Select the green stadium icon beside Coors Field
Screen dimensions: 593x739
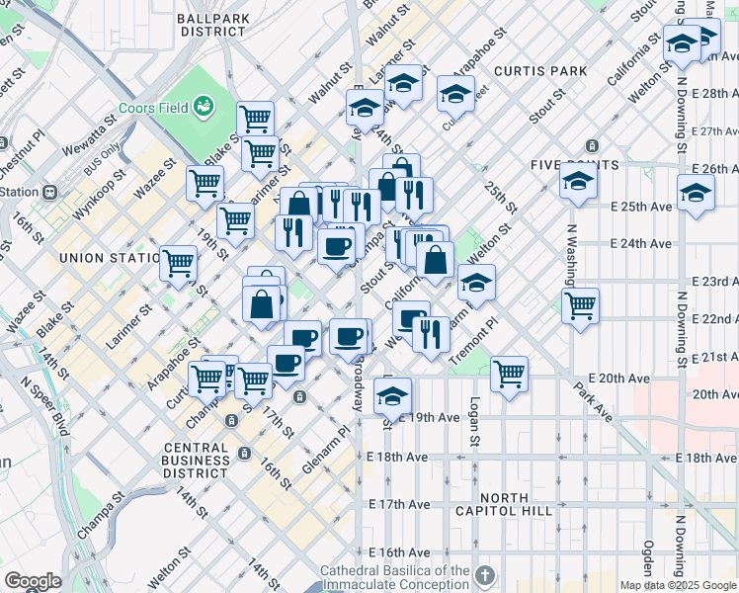205,104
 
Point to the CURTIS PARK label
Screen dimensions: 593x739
540,71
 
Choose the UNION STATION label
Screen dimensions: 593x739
108,258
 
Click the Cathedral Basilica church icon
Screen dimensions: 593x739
484,574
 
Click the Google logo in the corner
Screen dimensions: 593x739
33,581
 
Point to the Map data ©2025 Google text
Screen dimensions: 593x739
678,585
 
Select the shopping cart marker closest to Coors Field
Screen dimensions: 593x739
256,119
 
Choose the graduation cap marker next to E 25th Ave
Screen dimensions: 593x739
695,193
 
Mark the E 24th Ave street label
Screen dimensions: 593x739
641,243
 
